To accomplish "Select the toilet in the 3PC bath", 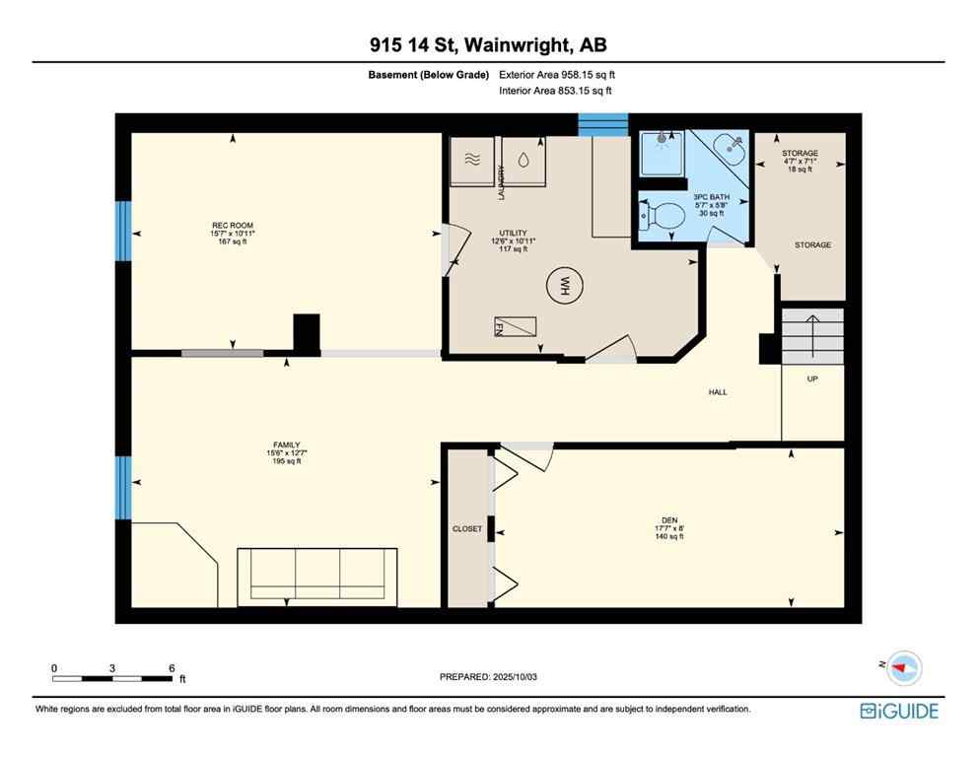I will coord(664,213).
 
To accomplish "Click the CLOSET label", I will coord(467,528).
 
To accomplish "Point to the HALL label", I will coord(718,392).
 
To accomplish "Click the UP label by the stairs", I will coord(812,378).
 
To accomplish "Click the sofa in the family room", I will coord(316,573).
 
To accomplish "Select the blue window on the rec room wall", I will coord(123,232).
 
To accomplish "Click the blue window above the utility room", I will coord(602,125).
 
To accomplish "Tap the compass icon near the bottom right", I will coord(902,668).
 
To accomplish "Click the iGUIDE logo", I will coord(899,711).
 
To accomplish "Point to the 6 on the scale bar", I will coord(172,667).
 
